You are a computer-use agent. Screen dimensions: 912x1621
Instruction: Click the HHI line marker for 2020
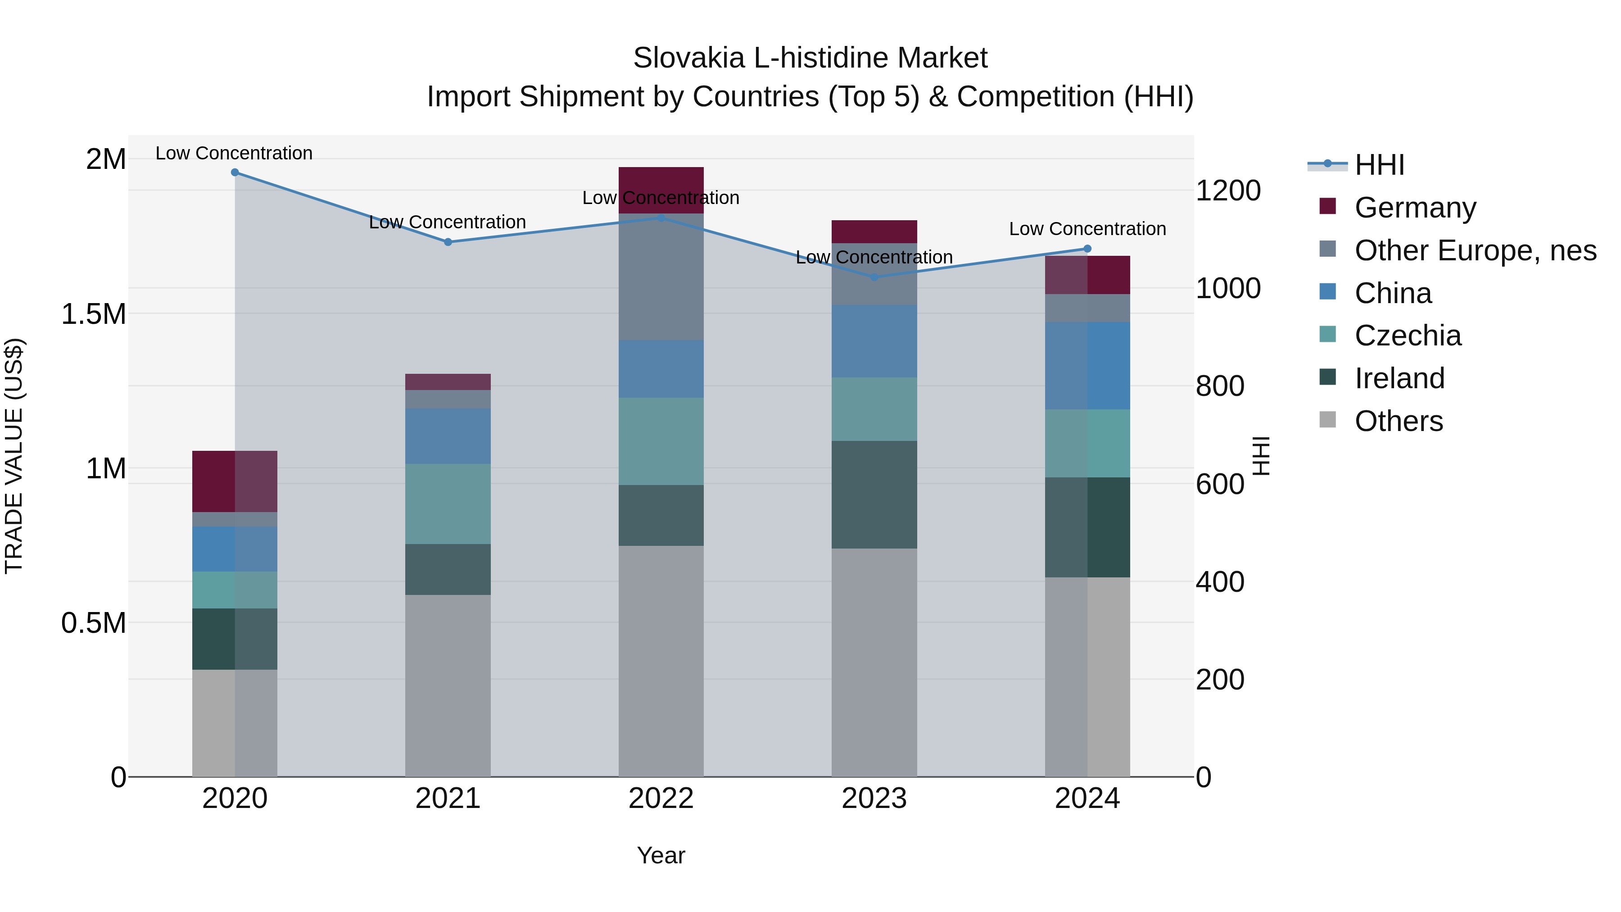(235, 172)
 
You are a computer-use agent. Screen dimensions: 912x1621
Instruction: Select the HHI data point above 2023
(874, 277)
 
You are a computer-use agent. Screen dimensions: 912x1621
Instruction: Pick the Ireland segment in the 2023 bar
(874, 495)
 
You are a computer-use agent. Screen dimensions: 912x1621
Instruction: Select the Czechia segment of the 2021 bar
(448, 504)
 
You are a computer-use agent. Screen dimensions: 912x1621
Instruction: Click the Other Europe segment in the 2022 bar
(661, 277)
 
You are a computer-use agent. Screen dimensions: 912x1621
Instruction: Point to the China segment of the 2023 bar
(874, 341)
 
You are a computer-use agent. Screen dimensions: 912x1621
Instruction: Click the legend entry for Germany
(1415, 208)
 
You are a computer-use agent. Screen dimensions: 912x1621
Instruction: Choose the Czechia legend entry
(1407, 336)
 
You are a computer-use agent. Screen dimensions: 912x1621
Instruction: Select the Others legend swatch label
(1398, 421)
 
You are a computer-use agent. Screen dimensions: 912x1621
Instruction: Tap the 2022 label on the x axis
(661, 799)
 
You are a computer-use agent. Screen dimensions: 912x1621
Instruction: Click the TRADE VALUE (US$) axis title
(14, 456)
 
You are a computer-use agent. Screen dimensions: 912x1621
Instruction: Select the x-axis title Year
(661, 855)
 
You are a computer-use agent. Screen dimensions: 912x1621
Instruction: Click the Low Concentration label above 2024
(1087, 229)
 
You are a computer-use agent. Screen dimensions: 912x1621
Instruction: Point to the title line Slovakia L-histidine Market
(810, 58)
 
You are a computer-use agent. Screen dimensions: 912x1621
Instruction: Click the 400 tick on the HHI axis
(1219, 582)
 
